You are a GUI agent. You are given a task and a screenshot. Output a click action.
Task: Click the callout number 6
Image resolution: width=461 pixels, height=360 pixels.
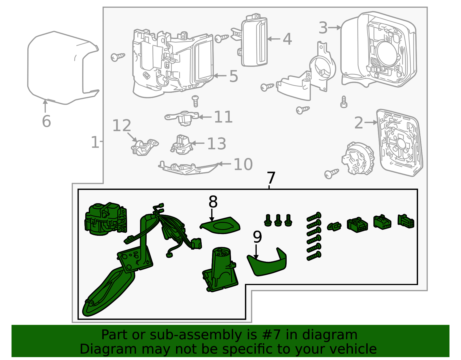click(x=46, y=121)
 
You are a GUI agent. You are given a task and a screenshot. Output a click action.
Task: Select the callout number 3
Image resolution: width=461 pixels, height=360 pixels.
click(x=323, y=28)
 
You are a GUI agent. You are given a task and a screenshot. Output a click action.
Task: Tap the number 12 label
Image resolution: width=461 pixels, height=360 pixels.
click(x=122, y=125)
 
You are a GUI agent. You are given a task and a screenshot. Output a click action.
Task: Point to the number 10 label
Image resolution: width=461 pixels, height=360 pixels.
click(x=243, y=164)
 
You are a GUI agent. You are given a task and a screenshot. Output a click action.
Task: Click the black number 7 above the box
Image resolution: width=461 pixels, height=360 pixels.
click(x=271, y=178)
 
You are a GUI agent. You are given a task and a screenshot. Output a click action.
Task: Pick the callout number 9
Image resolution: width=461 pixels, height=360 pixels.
click(x=257, y=237)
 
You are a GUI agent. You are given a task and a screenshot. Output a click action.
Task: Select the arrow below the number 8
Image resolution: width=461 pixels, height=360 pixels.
click(x=211, y=215)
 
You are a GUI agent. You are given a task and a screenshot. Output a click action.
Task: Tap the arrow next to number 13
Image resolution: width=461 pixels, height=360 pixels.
click(x=198, y=143)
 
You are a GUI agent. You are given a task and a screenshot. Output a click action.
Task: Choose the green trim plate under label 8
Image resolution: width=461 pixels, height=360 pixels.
click(x=220, y=225)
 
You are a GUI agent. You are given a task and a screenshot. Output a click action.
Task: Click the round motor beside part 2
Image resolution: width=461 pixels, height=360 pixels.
click(x=358, y=158)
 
